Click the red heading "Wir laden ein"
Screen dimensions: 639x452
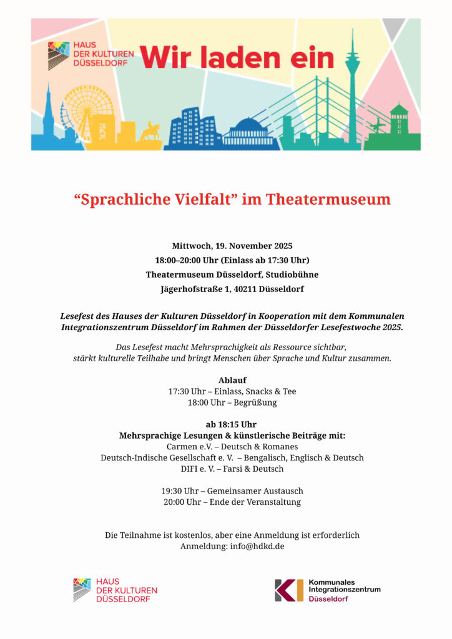pos(237,57)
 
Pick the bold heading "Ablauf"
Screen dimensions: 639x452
pos(232,380)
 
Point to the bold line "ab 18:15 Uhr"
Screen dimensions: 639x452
pos(232,424)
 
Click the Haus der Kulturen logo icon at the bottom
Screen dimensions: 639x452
pos(82,590)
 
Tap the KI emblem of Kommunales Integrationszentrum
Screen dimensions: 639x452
pos(288,590)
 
